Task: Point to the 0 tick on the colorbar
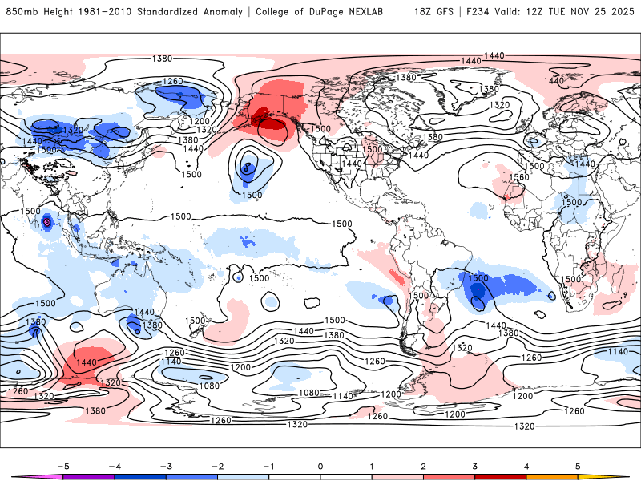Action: click(x=320, y=466)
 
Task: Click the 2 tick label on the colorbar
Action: click(x=423, y=466)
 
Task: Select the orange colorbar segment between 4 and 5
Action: click(x=552, y=477)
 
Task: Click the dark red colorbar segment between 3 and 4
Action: click(x=501, y=477)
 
